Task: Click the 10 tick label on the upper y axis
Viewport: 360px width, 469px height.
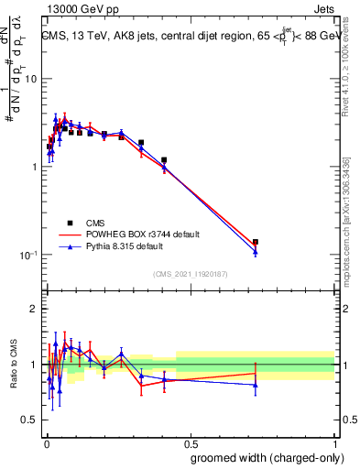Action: coord(30,79)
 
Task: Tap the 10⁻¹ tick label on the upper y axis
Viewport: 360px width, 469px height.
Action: coord(27,254)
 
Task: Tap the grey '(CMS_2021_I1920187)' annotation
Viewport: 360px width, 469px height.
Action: coord(190,273)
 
